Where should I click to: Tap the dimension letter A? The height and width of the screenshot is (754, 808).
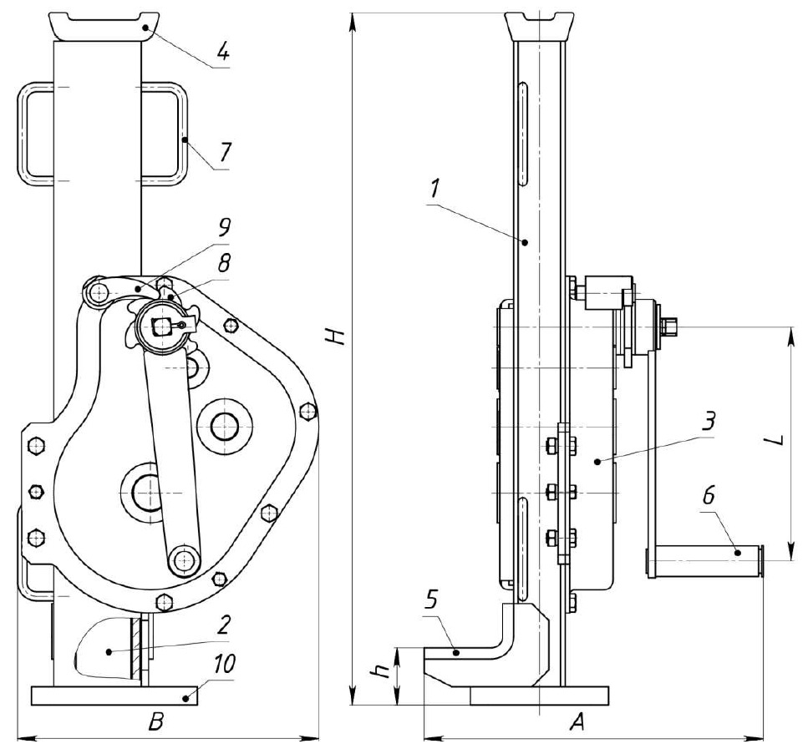point(576,724)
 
